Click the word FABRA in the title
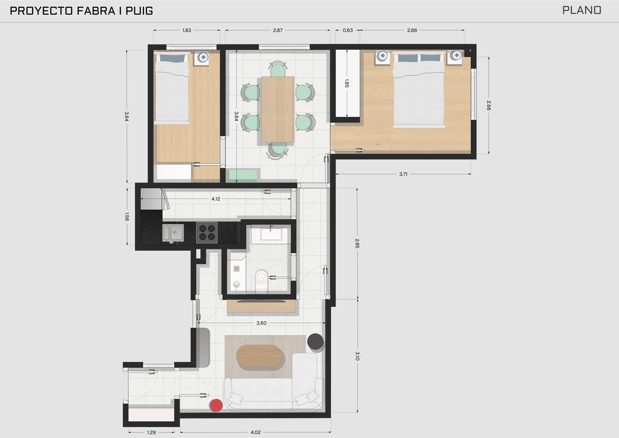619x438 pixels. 96,11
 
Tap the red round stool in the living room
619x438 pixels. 216,405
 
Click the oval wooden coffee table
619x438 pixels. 259,356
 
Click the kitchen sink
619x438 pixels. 173,233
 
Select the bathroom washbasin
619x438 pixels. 271,234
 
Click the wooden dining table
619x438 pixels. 278,109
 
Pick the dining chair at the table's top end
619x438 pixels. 278,69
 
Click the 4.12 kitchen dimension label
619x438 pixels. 216,199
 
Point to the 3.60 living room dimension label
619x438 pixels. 261,323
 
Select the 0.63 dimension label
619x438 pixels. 348,30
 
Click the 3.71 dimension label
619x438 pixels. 403,174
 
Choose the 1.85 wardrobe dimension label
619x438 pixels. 347,83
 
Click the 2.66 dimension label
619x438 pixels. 489,105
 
